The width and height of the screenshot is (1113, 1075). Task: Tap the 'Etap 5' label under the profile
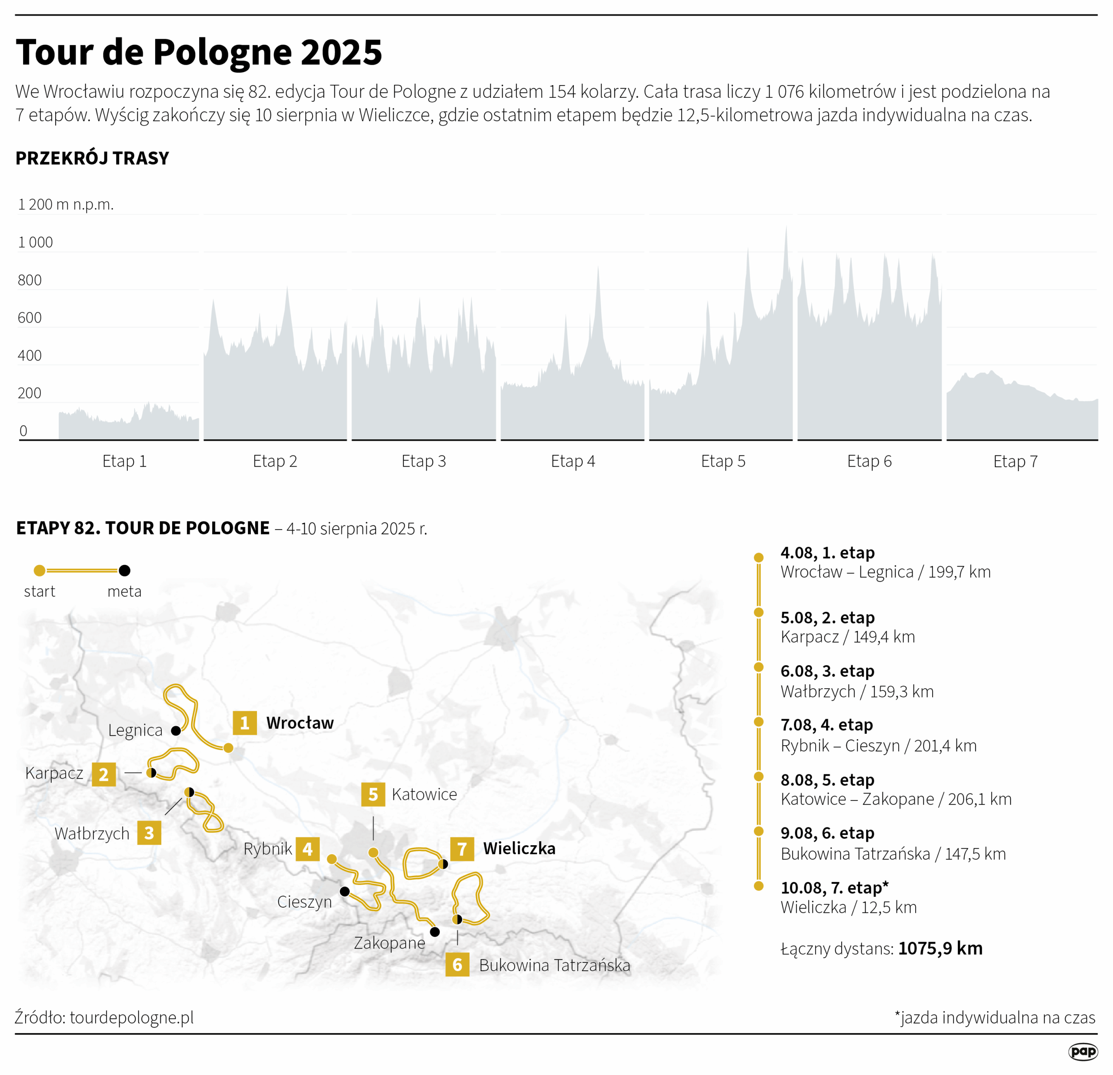click(723, 461)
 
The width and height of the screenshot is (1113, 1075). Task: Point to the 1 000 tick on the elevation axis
click(35, 242)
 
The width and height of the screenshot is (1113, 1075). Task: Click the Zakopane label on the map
click(390, 943)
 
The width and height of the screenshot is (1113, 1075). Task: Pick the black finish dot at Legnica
click(176, 730)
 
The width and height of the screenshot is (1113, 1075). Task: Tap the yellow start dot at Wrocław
click(228, 748)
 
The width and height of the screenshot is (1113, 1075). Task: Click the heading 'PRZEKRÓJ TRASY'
click(92, 158)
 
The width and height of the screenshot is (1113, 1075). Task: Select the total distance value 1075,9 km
click(940, 949)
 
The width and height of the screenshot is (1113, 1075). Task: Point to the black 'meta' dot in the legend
click(124, 571)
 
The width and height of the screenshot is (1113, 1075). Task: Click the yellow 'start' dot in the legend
click(40, 571)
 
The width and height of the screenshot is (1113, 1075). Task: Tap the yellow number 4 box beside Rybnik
click(308, 849)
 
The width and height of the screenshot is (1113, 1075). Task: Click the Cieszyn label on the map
click(304, 902)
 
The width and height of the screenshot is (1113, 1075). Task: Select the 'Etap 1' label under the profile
click(124, 461)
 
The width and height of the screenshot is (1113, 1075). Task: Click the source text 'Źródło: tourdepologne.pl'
click(104, 1017)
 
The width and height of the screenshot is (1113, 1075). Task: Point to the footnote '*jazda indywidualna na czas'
click(995, 1018)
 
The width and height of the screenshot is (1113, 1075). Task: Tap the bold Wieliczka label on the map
click(519, 849)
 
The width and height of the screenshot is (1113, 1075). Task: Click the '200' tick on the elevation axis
click(30, 393)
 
